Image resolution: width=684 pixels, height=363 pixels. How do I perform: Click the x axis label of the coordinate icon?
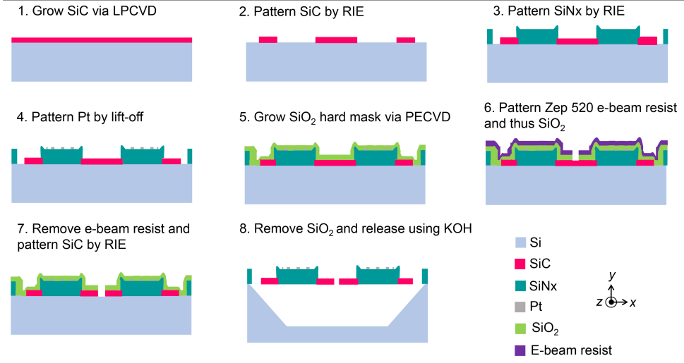[633, 302]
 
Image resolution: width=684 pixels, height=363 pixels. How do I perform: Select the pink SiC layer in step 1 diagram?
[102, 39]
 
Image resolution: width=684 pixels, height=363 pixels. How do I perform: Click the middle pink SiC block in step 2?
[336, 39]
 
